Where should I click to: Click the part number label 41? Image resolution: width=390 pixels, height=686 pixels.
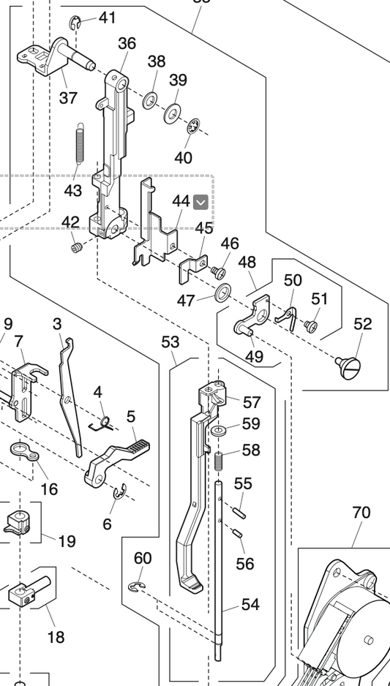pyautogui.click(x=108, y=18)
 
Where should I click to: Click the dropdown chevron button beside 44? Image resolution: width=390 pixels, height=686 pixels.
pyautogui.click(x=200, y=202)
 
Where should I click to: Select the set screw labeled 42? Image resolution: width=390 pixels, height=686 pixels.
pyautogui.click(x=74, y=248)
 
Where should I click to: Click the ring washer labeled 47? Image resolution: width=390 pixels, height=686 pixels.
pyautogui.click(x=221, y=294)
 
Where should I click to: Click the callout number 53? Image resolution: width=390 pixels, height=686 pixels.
pyautogui.click(x=170, y=342)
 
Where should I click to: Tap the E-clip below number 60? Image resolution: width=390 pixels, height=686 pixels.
pyautogui.click(x=135, y=587)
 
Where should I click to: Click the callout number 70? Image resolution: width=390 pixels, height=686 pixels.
pyautogui.click(x=361, y=513)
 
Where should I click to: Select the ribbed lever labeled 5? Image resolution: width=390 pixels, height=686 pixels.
pyautogui.click(x=117, y=459)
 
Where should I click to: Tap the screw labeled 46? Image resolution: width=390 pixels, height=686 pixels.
pyautogui.click(x=217, y=272)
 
